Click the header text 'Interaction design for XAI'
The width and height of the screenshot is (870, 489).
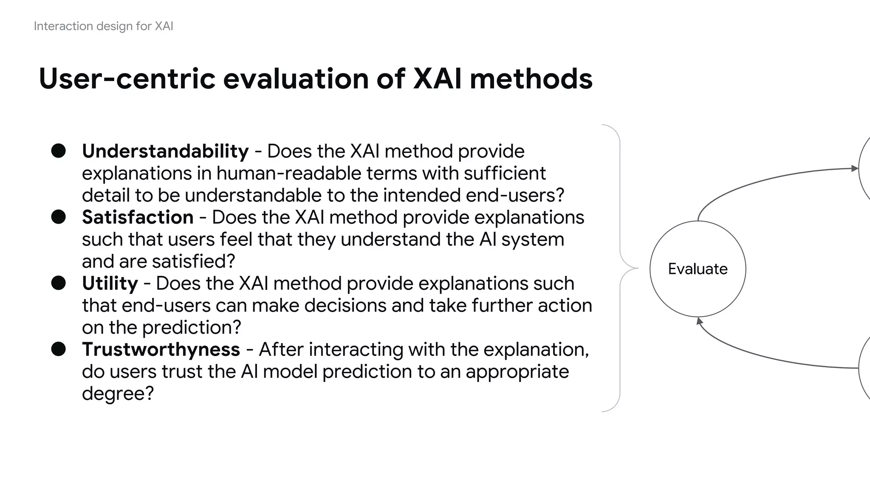coord(103,26)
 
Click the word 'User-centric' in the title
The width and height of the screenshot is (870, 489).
coord(127,79)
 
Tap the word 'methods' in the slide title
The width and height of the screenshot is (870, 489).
coord(531,79)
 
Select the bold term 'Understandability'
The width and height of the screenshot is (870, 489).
coord(165,152)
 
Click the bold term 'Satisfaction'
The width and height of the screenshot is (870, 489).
coord(138,217)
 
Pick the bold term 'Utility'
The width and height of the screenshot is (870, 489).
coord(110,284)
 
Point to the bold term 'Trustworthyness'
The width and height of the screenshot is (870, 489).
coord(161,350)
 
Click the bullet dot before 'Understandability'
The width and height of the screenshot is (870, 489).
coord(59,151)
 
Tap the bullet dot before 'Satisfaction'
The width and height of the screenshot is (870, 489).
coord(59,217)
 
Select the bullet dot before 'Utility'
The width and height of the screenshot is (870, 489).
coord(59,283)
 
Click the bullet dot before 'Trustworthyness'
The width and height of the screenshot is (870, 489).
coord(59,349)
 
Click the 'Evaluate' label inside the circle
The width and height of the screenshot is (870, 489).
coord(698,269)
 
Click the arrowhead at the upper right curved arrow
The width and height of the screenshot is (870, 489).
coord(854,169)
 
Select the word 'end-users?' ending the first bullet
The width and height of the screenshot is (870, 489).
coord(515,196)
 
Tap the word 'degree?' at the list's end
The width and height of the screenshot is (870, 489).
coord(118,394)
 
